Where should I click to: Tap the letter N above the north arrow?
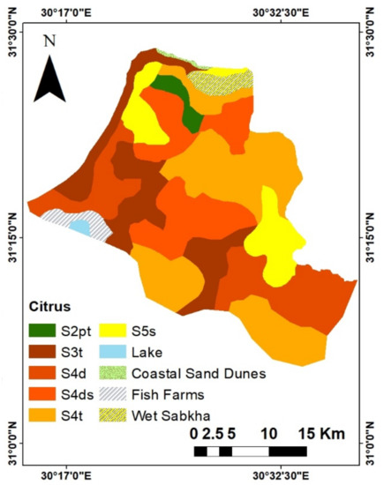50,41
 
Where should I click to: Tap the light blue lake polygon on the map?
80,227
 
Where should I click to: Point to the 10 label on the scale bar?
270,435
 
